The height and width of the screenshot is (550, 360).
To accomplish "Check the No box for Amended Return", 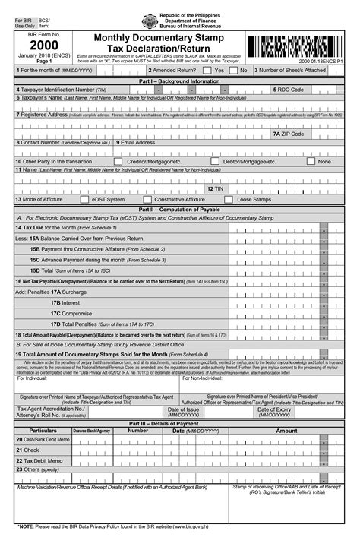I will pos(234,70).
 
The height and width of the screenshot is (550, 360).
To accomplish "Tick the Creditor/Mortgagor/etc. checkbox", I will pos(118,162).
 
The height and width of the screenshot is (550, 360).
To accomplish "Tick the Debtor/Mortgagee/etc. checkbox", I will pos(215,162).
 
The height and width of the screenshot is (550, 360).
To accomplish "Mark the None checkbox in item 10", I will pos(310,162).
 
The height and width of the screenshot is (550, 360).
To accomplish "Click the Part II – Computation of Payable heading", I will pos(179,208).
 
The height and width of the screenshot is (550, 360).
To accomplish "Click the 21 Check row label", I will pos(30,450).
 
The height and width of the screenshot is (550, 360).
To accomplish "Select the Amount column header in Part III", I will pos(287,431).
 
